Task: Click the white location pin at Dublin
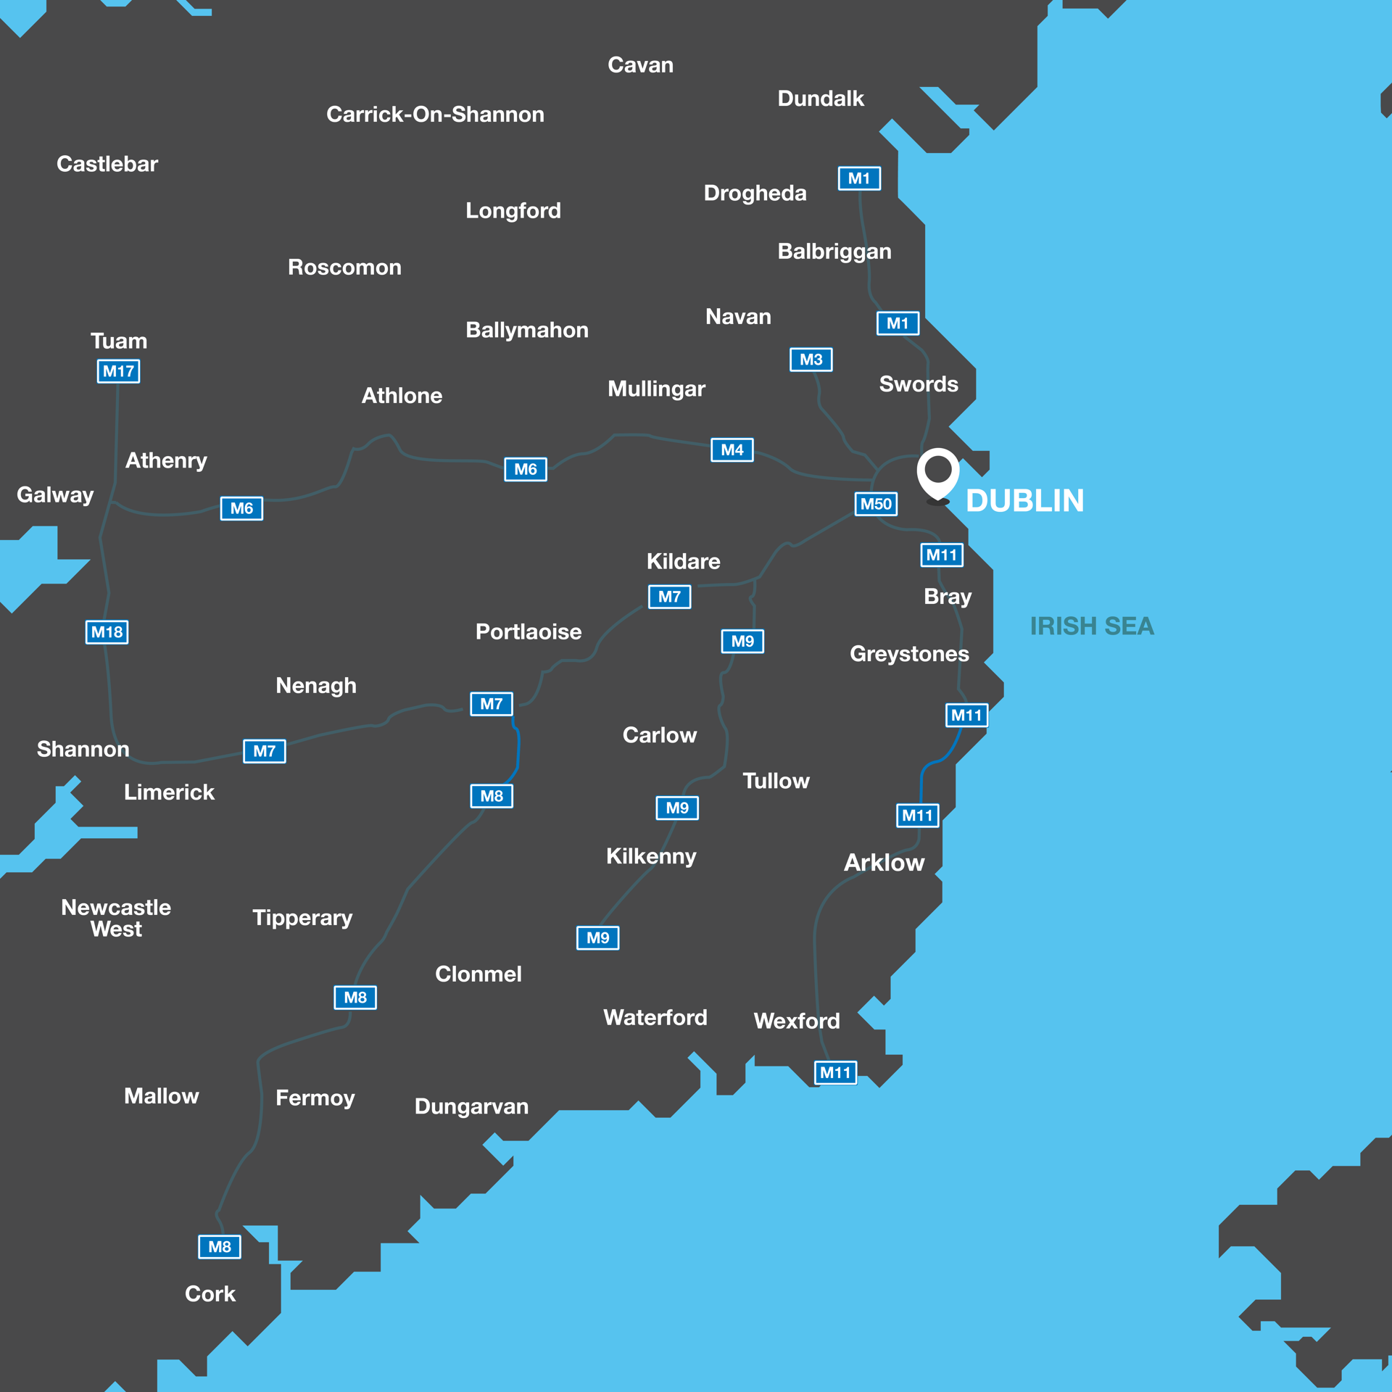(x=937, y=472)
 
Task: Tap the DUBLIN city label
(x=1024, y=501)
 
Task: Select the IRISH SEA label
(x=1091, y=626)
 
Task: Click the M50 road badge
(x=876, y=504)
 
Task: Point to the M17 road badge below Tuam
(x=118, y=371)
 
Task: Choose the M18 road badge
(x=107, y=632)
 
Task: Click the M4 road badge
(x=732, y=450)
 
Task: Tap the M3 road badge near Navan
(x=811, y=360)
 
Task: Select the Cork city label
(x=210, y=1294)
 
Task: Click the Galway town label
(x=55, y=495)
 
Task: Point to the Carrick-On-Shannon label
(x=435, y=115)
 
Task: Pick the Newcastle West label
(x=116, y=918)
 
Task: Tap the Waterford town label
(x=655, y=1018)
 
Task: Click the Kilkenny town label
(x=651, y=856)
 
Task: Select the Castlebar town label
(x=107, y=165)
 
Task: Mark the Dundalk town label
(x=821, y=99)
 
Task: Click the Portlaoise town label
(x=528, y=632)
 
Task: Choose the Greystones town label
(x=909, y=654)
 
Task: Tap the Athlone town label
(x=402, y=396)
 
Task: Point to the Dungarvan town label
(x=471, y=1106)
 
